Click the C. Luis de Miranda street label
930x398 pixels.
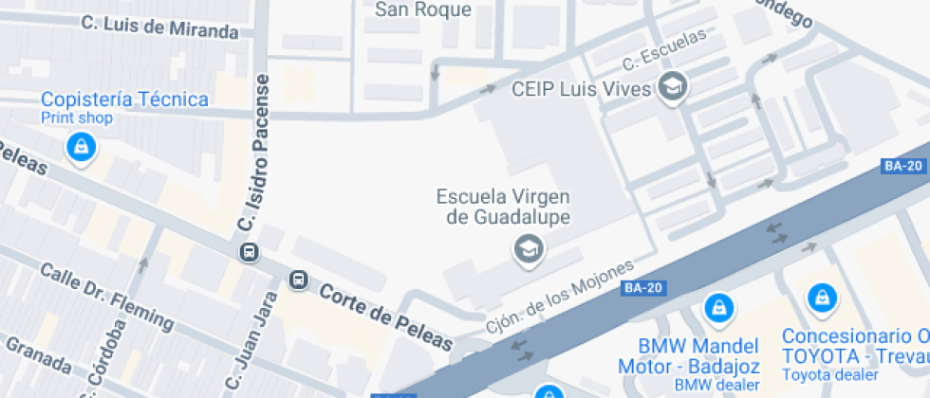pos(159,27)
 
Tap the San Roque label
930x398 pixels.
pos(423,9)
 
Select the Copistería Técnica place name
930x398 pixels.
pos(124,99)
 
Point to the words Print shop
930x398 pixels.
pos(77,118)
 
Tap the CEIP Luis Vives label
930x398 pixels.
pos(581,89)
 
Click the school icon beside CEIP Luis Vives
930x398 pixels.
pos(673,87)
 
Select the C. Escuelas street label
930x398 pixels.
pos(664,49)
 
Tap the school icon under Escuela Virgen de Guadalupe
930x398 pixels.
pos(527,249)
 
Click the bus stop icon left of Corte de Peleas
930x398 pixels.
pos(298,280)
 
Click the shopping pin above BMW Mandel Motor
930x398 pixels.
pos(719,307)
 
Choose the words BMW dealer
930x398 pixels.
pos(716,385)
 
